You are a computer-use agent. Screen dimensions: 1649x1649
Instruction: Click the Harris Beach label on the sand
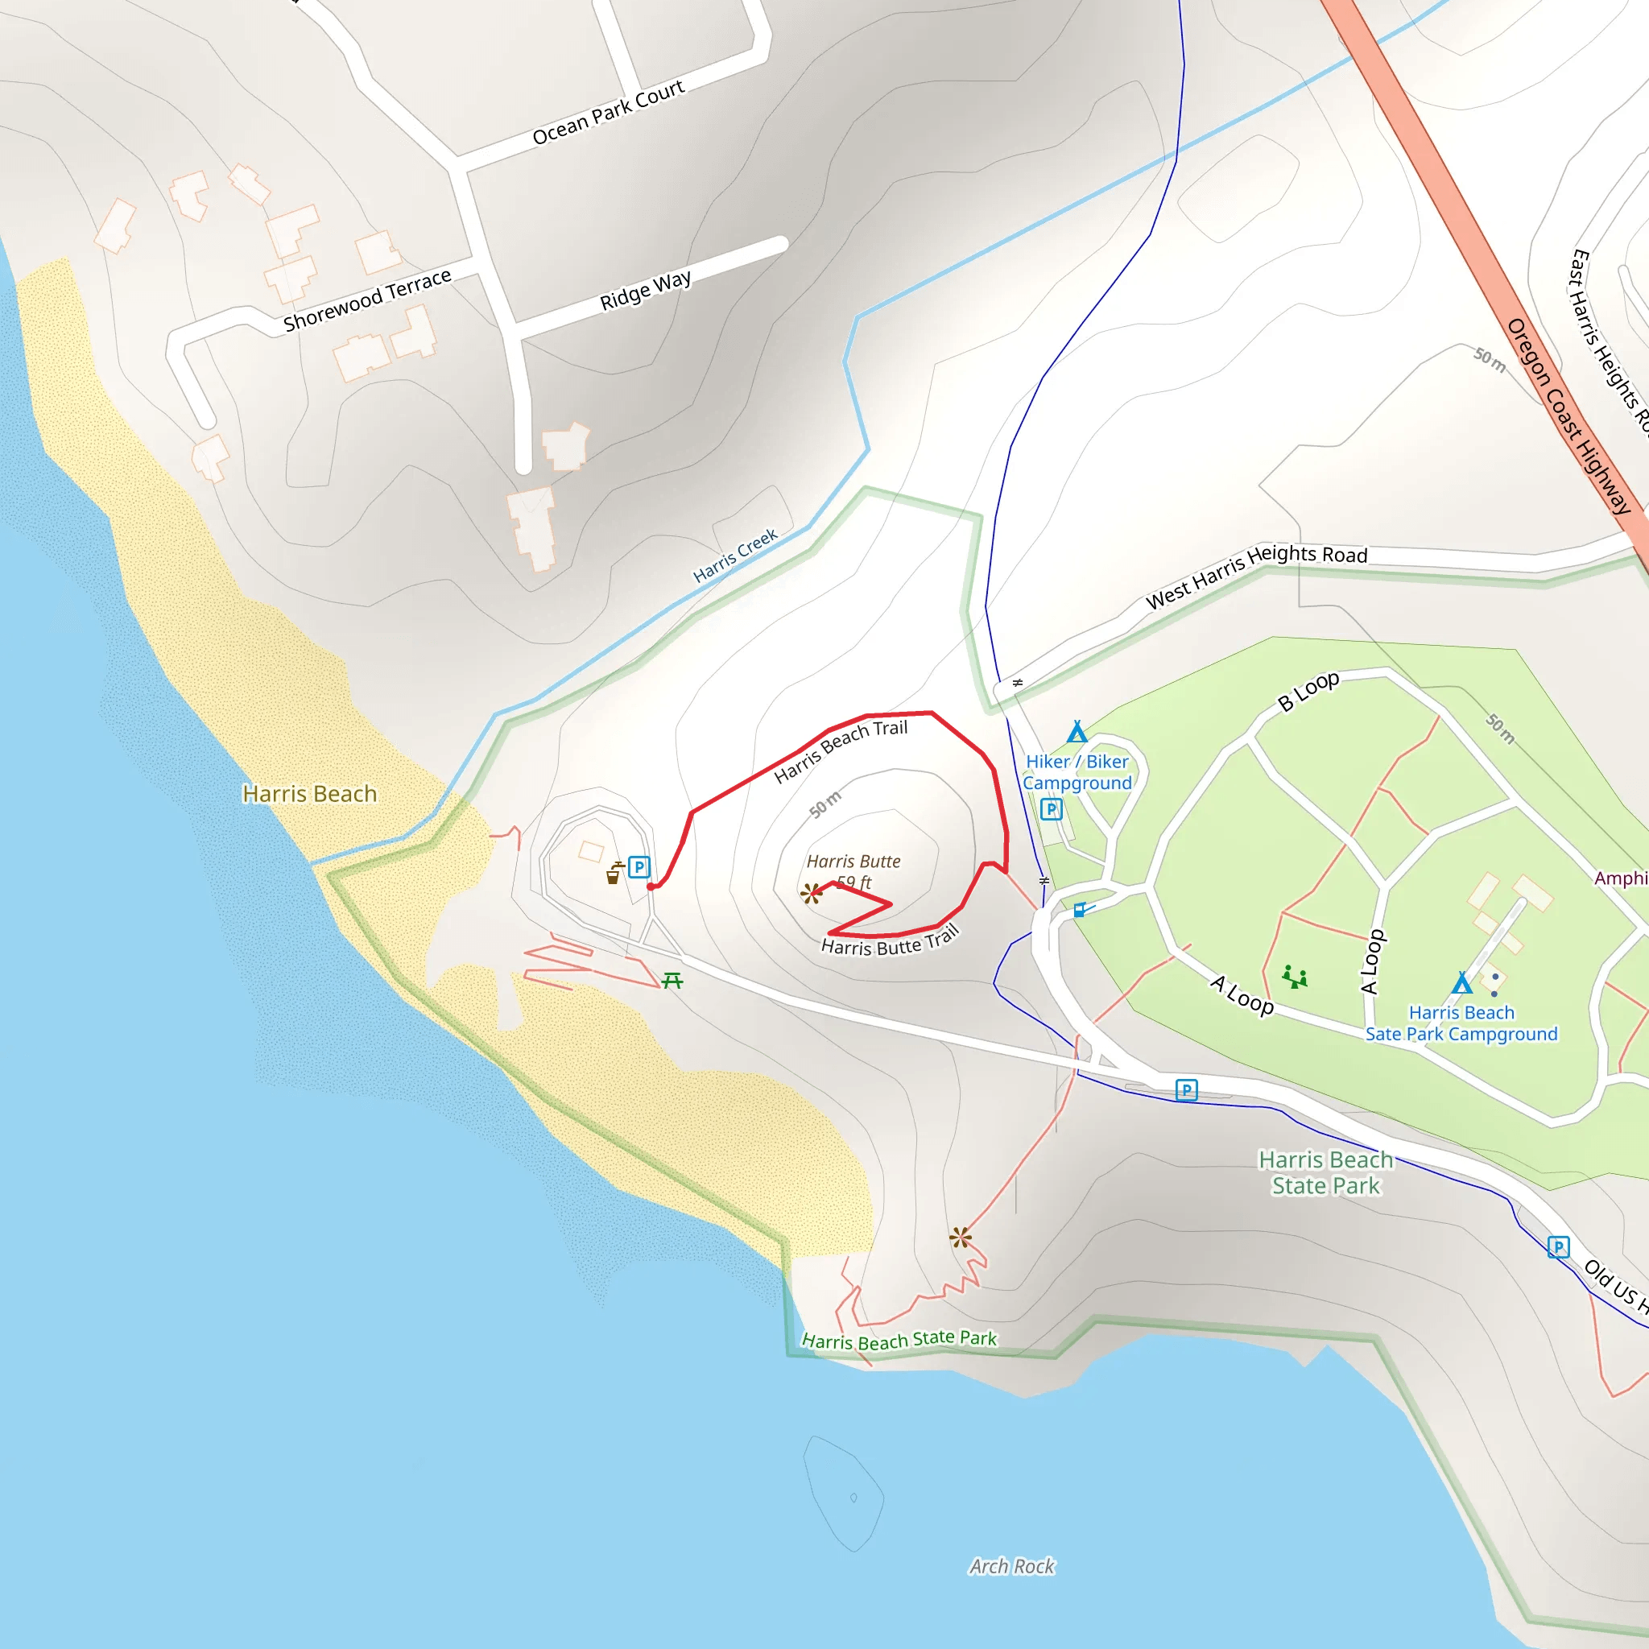309,794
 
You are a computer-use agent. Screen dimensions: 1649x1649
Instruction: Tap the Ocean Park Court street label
608,112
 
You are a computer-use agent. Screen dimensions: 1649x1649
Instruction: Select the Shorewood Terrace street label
367,300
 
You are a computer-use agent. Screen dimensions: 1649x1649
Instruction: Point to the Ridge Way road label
645,290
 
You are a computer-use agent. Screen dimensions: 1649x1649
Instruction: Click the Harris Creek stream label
735,556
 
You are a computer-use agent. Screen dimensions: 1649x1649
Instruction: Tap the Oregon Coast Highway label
1568,415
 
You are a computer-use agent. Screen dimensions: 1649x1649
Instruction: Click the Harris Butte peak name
853,862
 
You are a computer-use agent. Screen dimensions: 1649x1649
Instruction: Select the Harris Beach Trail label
841,750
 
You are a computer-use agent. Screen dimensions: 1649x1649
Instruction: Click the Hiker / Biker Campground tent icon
1077,733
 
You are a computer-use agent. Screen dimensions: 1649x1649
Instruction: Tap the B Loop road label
1308,691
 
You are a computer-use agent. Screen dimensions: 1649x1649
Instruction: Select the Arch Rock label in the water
1011,1566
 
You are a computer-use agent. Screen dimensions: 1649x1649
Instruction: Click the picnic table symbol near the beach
672,981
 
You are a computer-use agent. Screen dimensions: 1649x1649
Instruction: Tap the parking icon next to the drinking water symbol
639,867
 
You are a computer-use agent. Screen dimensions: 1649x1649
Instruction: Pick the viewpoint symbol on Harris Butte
811,895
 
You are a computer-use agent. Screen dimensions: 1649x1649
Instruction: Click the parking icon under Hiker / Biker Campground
1052,809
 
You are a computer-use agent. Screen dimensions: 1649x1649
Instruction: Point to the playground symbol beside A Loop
1295,977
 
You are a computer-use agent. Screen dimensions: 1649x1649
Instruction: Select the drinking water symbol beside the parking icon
614,873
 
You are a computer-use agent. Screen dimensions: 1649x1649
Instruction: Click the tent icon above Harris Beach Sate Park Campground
1462,983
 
